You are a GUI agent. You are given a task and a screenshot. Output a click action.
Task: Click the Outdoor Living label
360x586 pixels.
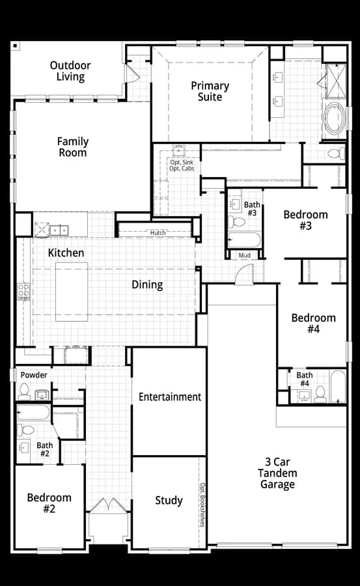click(x=70, y=71)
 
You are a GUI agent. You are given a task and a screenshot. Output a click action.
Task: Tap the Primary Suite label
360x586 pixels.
click(x=210, y=91)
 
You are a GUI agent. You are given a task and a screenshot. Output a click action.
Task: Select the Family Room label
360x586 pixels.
click(x=72, y=147)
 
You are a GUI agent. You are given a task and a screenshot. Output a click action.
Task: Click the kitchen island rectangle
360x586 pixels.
click(x=72, y=292)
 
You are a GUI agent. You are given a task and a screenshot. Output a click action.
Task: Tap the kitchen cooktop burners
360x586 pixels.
click(x=23, y=292)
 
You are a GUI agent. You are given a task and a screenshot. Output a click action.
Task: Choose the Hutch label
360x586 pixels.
click(x=158, y=232)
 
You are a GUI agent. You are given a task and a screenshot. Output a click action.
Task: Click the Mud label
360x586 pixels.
click(x=245, y=255)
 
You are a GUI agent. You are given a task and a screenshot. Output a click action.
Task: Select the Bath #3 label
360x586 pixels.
click(x=252, y=208)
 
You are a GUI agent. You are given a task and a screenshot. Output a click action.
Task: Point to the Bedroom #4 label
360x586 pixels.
click(x=313, y=323)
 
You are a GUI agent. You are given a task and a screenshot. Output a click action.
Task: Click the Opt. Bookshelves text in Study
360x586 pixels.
click(x=202, y=505)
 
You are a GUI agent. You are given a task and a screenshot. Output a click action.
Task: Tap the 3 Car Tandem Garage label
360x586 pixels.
click(x=277, y=473)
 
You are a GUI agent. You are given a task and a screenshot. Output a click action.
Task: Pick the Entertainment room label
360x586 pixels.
click(x=170, y=397)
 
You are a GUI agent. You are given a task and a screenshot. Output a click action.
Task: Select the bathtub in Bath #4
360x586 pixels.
click(x=338, y=386)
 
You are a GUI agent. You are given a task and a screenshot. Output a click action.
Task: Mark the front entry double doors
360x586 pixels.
click(x=109, y=505)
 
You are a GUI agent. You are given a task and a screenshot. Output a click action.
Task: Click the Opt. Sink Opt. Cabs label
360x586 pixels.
click(x=182, y=165)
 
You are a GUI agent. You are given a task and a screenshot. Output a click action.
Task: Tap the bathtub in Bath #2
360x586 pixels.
click(x=33, y=412)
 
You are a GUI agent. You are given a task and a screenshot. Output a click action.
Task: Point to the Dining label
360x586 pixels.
click(x=147, y=285)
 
